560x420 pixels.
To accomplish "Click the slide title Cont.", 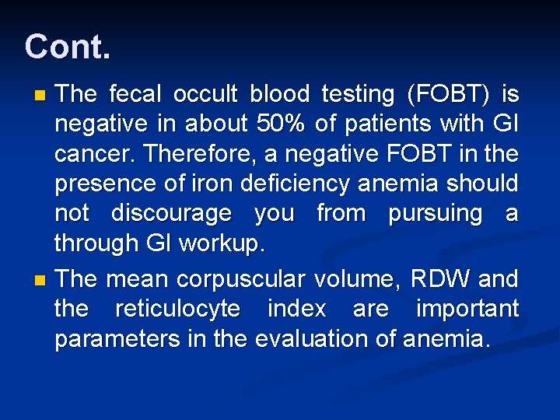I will tap(68, 47).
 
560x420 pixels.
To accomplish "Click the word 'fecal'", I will tap(135, 95).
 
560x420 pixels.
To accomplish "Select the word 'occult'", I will tap(205, 95).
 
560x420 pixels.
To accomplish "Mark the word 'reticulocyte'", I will tap(177, 309).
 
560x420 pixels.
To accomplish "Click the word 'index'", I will tap(296, 308).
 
